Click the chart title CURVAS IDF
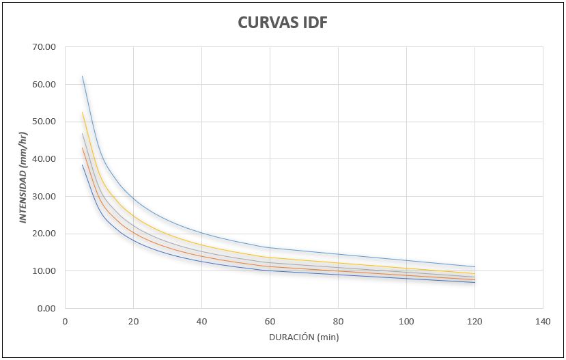[283, 22]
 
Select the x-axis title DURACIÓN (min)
[304, 337]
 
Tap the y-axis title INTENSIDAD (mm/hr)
[23, 178]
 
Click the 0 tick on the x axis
[65, 321]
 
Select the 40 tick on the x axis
[201, 321]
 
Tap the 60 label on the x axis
[270, 321]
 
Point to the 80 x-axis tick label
[338, 321]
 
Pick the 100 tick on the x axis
[406, 321]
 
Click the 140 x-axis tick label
[543, 321]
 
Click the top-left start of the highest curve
[82, 76]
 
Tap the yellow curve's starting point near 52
[82, 113]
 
